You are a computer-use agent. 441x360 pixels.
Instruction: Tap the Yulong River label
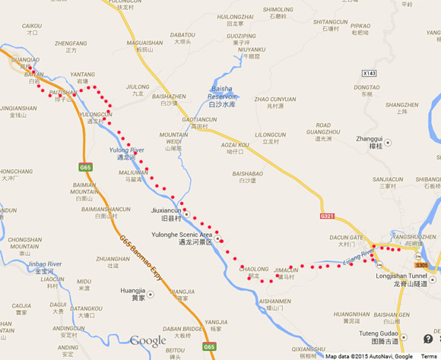coord(126,151)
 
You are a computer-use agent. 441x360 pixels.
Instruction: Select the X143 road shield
coord(369,73)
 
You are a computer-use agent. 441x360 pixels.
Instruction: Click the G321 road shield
coord(328,216)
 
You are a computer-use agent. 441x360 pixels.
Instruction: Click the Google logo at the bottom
coord(148,341)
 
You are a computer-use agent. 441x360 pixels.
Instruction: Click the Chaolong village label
coord(254,269)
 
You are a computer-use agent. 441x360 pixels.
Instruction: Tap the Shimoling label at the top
coord(277,10)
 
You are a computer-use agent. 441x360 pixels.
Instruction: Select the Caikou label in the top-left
coord(32,26)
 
